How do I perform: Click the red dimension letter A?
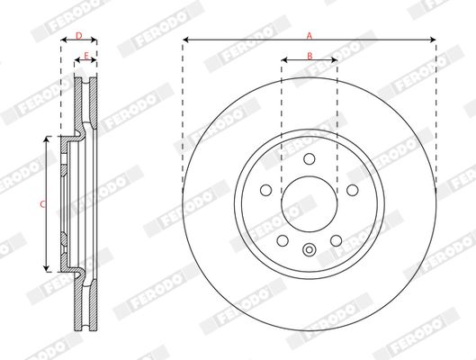coord(310,36)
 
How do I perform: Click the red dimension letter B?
coord(310,56)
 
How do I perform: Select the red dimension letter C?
coord(43,204)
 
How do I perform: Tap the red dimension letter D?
coord(79,36)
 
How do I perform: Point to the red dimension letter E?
coord(85,56)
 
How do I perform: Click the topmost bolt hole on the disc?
coord(310,159)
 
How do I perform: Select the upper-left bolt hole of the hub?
coord(266,190)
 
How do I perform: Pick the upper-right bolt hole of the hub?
coord(353,190)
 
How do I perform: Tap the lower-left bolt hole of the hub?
coord(283,240)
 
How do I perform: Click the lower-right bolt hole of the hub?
coord(336,240)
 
